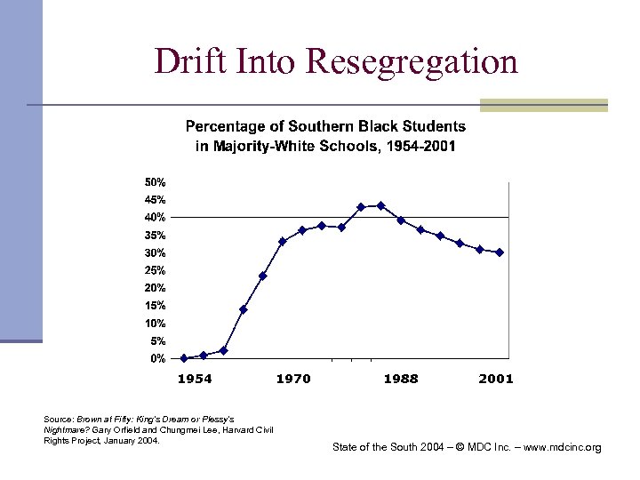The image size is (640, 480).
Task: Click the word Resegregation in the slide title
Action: click(412, 62)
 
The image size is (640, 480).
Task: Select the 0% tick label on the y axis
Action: click(157, 359)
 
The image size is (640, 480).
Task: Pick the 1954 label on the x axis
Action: click(195, 380)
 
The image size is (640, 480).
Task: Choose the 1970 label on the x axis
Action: click(293, 380)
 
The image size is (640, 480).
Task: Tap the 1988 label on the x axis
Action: click(400, 380)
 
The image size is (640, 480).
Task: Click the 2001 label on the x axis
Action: click(495, 380)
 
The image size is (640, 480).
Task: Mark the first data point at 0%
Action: click(184, 358)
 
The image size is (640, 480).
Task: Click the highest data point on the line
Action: click(380, 205)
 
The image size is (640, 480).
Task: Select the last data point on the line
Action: click(500, 252)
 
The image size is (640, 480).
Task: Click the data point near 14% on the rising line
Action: click(244, 309)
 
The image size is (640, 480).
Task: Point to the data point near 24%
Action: click(263, 276)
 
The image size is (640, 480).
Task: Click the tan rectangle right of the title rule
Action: click(543, 105)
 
